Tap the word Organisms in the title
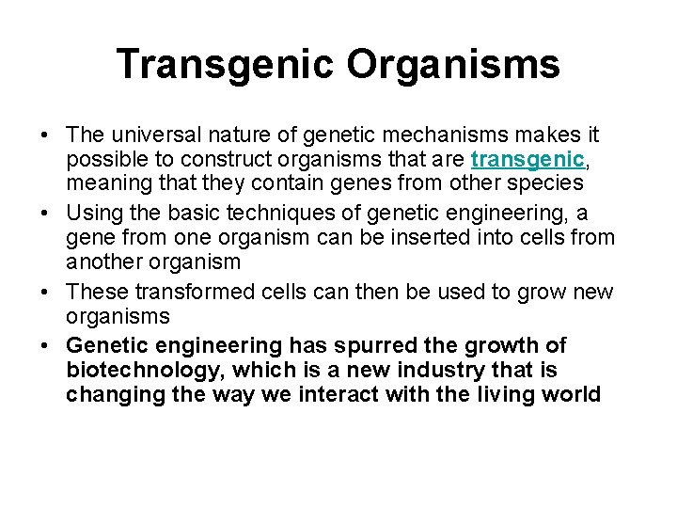(454, 64)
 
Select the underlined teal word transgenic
(516, 158)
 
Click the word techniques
(267, 214)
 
